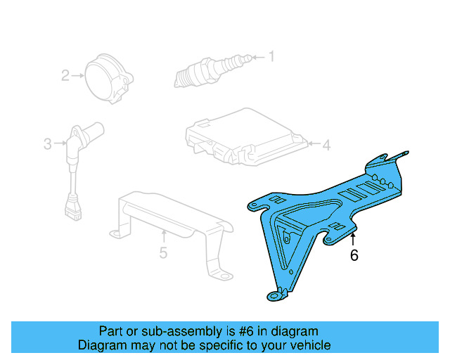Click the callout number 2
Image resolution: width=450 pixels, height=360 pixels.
click(65, 75)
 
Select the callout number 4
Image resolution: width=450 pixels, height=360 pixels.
click(326, 146)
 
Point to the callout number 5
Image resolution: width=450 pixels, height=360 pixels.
click(163, 252)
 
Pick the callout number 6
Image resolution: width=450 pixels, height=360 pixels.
click(354, 256)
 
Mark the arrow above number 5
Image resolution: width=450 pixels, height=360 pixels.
click(163, 234)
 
